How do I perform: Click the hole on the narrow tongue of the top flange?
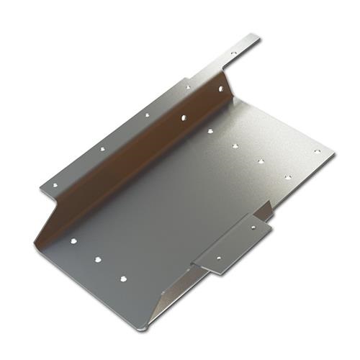(x=233, y=53)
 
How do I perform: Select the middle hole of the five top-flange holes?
(x=147, y=114)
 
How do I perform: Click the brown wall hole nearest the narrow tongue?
(x=221, y=89)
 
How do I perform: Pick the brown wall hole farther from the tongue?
(x=184, y=116)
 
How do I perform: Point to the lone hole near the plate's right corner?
(x=317, y=152)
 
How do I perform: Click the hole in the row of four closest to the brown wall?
(x=210, y=131)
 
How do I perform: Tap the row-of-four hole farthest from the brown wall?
(x=287, y=176)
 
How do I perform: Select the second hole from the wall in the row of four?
(x=235, y=146)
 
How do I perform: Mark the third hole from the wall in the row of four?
(x=261, y=161)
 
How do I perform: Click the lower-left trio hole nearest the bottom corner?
(x=123, y=276)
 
